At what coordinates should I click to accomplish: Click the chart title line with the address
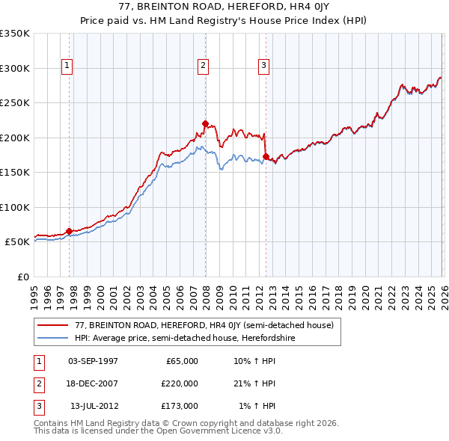click(224, 7)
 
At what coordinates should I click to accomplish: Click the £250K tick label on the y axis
click(15, 103)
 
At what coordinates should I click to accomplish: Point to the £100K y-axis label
click(15, 207)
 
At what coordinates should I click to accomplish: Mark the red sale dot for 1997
click(69, 232)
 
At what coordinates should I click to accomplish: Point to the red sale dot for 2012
click(266, 157)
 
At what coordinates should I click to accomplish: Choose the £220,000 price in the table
click(180, 383)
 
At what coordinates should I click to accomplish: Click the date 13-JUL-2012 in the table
click(94, 406)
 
